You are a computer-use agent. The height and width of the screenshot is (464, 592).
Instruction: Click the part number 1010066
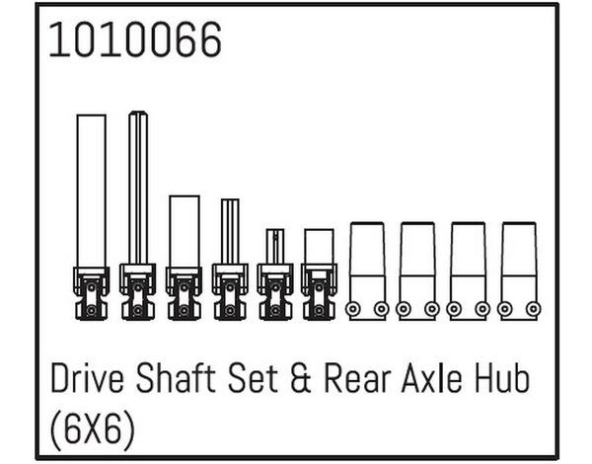(135, 39)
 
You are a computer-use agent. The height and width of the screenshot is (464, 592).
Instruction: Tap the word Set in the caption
(253, 378)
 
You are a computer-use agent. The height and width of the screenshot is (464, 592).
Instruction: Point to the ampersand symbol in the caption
(301, 378)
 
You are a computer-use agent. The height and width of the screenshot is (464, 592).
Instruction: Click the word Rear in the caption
(357, 378)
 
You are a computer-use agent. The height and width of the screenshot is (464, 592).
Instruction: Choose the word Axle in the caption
(431, 378)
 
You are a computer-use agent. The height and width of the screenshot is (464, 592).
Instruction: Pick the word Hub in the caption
(502, 378)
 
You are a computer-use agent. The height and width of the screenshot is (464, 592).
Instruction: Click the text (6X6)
(92, 429)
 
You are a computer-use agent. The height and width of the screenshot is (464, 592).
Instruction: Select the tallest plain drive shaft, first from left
(92, 217)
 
